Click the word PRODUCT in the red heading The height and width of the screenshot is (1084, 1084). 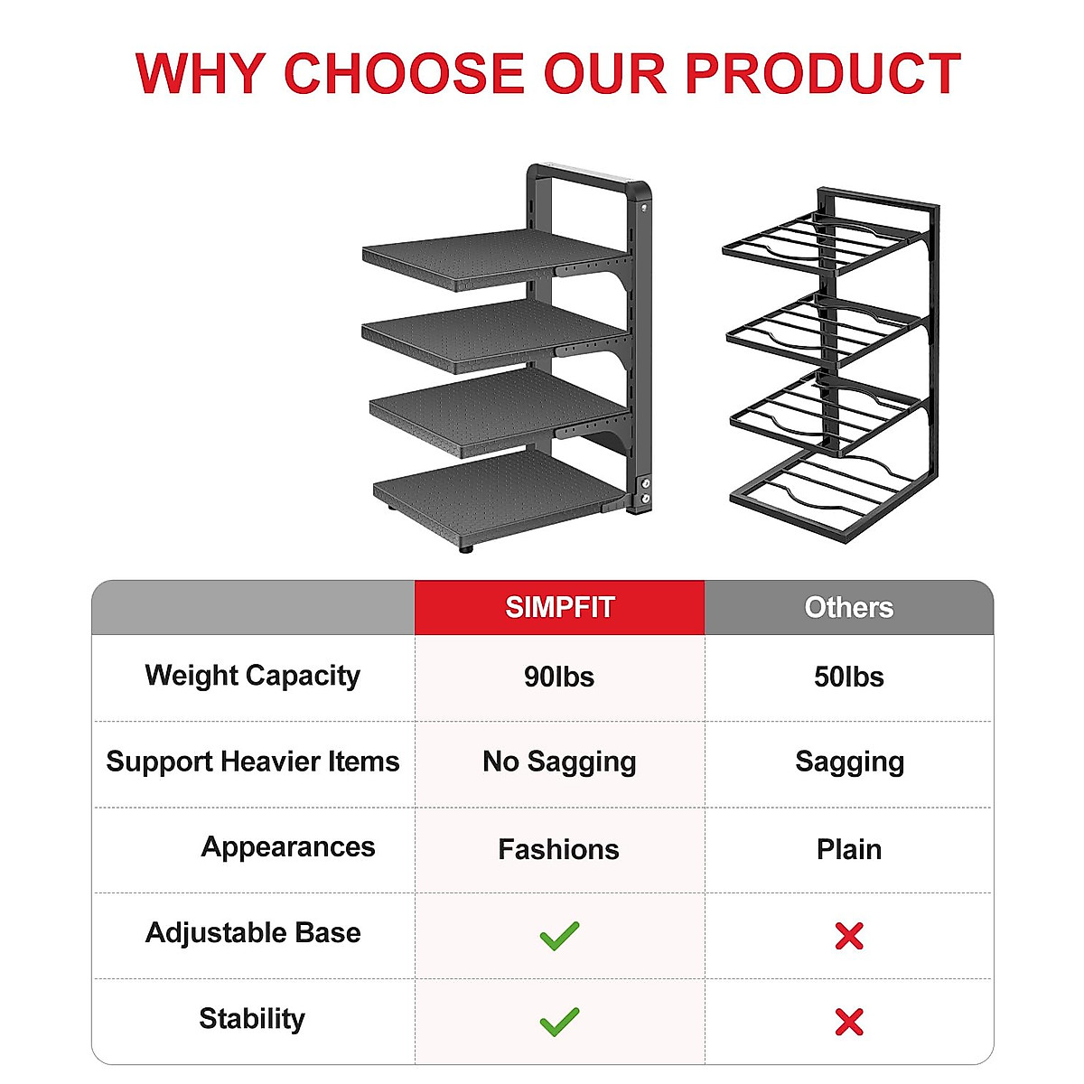tap(823, 73)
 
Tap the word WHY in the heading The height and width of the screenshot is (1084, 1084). tap(200, 73)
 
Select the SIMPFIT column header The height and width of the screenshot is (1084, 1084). tap(559, 608)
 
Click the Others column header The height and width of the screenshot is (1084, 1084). tap(849, 608)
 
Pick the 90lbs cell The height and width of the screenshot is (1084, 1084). tap(559, 677)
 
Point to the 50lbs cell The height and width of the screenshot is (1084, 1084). tap(849, 677)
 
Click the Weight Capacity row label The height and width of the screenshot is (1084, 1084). tap(253, 676)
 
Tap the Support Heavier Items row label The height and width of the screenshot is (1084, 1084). tap(253, 762)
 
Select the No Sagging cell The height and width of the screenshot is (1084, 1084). tap(559, 762)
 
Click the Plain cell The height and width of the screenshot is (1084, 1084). tap(849, 849)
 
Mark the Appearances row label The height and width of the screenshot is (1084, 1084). tap(287, 847)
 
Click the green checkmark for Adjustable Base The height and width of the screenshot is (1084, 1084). tap(559, 936)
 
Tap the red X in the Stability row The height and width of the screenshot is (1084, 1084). tap(849, 1022)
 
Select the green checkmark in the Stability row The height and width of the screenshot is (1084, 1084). tap(559, 1022)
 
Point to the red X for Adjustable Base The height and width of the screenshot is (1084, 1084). tap(849, 936)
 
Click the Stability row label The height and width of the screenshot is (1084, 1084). tap(252, 1019)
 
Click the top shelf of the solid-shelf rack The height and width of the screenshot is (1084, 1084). tap(495, 258)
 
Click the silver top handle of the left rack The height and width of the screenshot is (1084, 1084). tap(588, 173)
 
